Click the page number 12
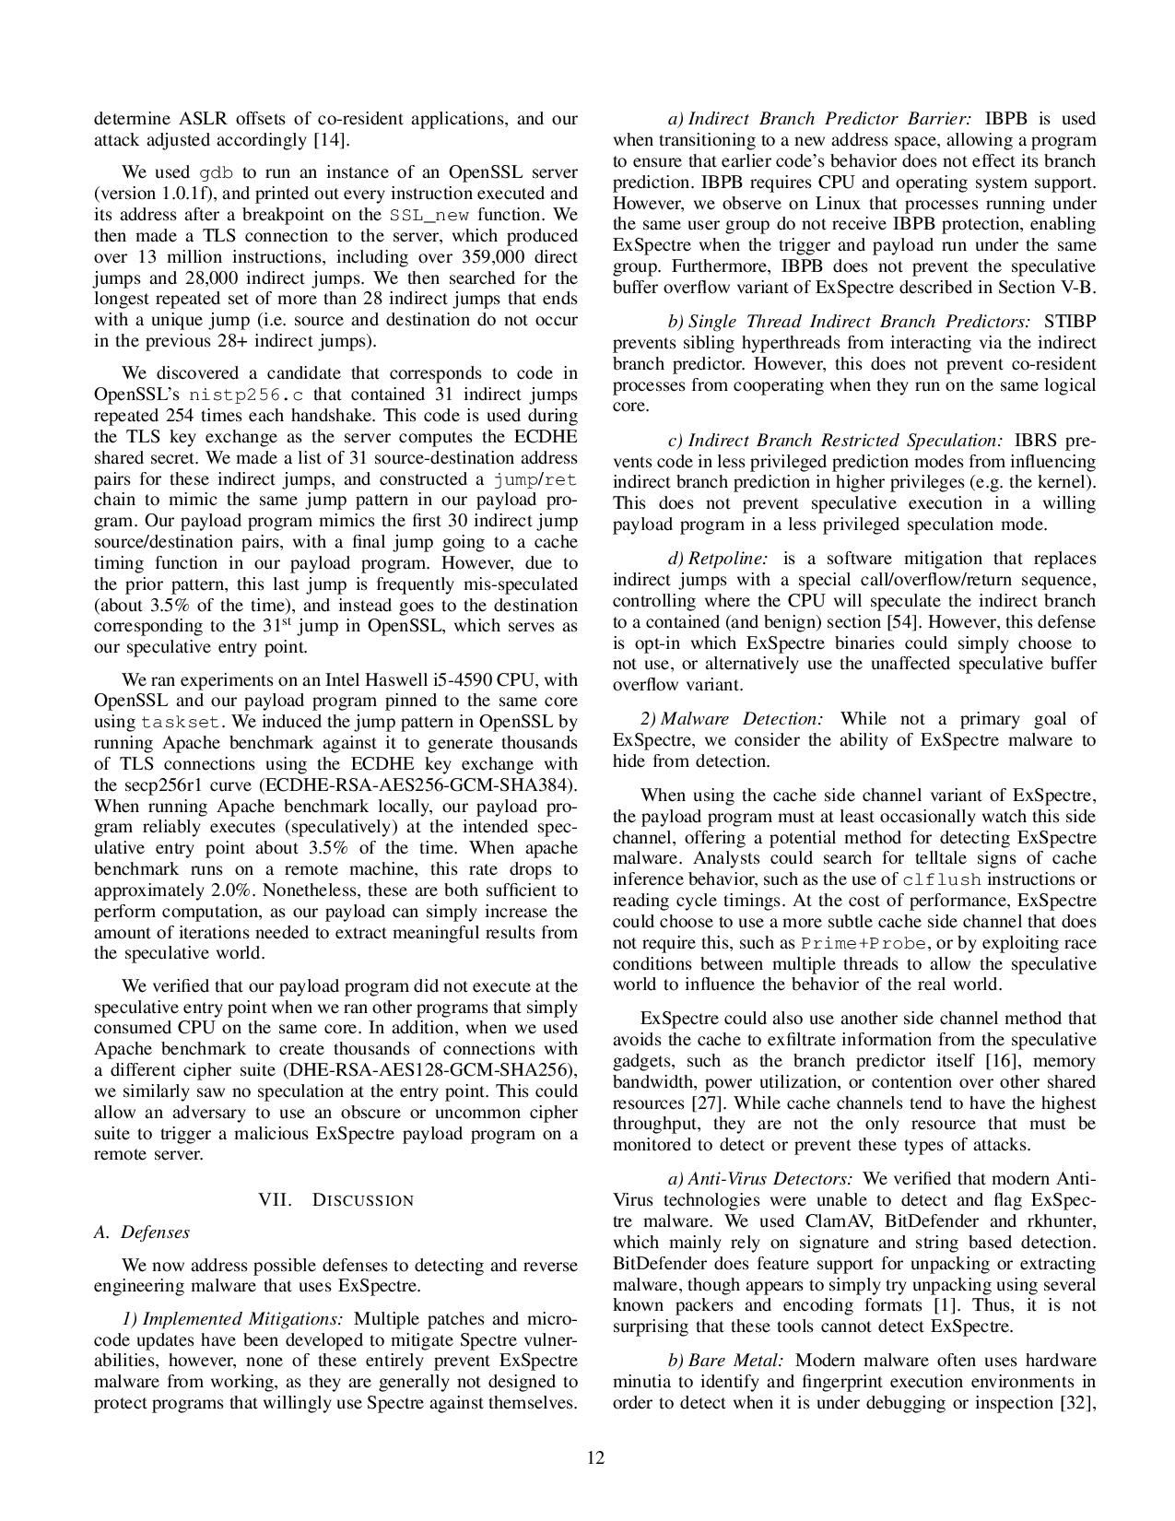pyautogui.click(x=596, y=1457)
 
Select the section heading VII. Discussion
pyautogui.click(x=336, y=1199)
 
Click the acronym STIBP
pyautogui.click(x=1071, y=322)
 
